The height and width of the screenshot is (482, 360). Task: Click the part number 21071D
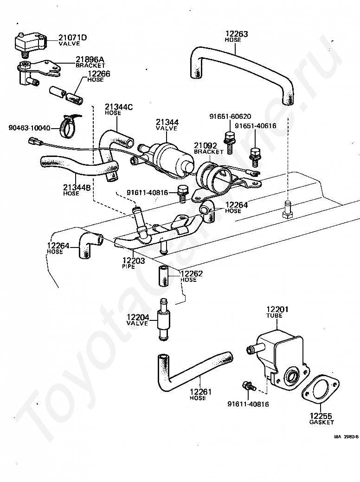point(73,38)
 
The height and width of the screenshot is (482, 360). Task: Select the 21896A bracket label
point(90,62)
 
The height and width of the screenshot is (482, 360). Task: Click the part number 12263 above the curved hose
point(237,34)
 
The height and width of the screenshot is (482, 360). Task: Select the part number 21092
point(206,145)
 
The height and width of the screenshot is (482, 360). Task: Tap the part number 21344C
point(119,107)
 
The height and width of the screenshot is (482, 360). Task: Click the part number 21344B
point(77,187)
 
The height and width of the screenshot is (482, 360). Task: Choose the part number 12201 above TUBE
point(277,309)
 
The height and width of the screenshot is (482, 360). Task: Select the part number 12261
point(200,392)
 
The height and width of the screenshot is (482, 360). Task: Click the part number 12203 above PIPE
point(134,261)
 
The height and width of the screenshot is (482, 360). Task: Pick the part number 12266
point(99,74)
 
